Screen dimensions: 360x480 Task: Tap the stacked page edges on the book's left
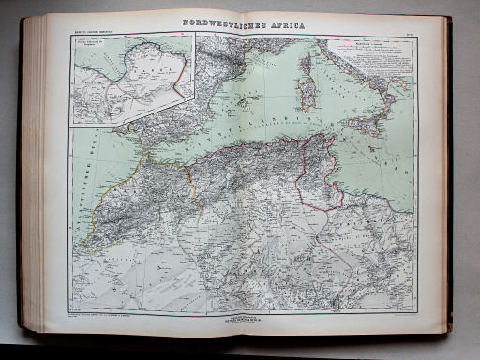point(35,178)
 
